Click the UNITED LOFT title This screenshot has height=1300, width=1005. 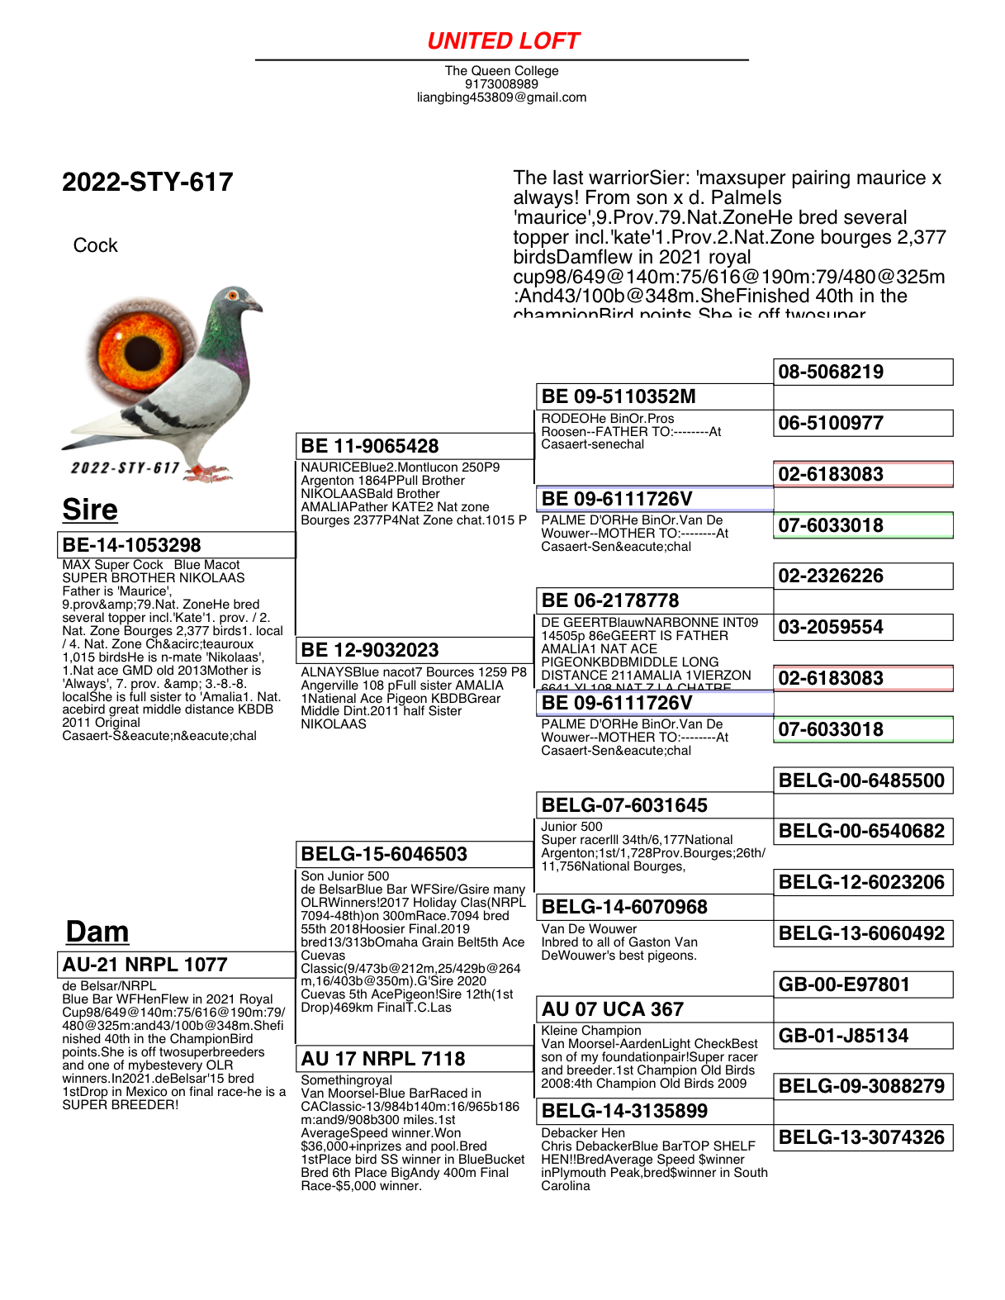(x=503, y=41)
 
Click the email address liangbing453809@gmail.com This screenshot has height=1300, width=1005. (x=501, y=97)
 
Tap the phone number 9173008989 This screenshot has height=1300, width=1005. (x=501, y=84)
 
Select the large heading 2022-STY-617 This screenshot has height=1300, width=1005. (x=148, y=183)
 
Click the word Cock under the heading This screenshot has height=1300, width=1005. (x=95, y=246)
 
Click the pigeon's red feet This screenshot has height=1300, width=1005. (x=207, y=473)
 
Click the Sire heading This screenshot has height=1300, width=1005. (x=90, y=510)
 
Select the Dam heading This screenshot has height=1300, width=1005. (x=97, y=932)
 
